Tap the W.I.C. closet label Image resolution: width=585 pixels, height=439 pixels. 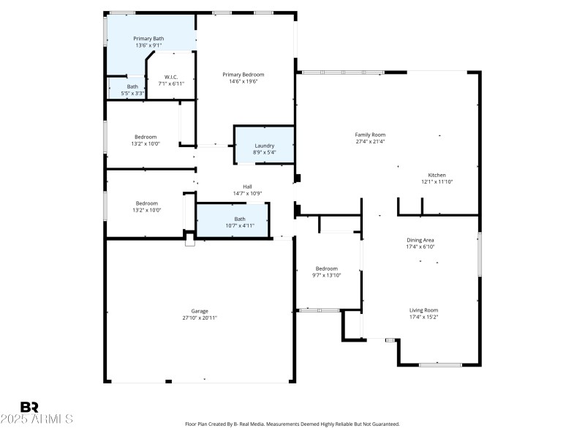tap(171, 77)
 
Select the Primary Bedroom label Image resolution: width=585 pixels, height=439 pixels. tap(244, 75)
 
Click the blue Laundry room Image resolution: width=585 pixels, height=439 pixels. tap(264, 146)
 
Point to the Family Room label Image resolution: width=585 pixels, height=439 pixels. tap(370, 135)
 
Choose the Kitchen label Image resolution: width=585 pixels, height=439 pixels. tap(437, 175)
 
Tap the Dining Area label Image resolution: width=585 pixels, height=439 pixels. tap(421, 240)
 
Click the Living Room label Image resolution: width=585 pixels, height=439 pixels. tap(423, 310)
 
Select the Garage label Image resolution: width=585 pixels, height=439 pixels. tap(200, 311)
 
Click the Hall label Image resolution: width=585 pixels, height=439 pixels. tap(247, 187)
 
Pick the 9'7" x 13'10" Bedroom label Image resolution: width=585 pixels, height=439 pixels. tap(326, 269)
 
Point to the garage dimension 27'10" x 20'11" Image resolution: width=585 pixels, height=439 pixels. tap(200, 318)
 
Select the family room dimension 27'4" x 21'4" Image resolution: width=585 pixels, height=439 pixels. tap(370, 142)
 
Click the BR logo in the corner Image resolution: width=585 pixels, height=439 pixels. tap(29, 407)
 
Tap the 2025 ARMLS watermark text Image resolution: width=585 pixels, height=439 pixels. tap(37, 419)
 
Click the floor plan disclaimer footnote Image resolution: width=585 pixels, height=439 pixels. tap(292, 424)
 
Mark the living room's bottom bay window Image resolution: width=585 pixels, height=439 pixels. tap(440, 364)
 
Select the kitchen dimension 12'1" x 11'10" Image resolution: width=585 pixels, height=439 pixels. tap(437, 181)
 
